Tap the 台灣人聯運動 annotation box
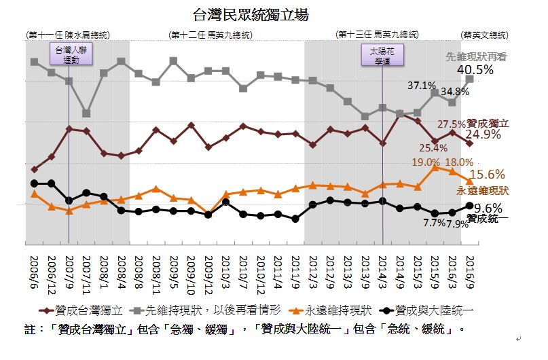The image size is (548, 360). [69, 54]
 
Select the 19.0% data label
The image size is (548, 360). [426, 162]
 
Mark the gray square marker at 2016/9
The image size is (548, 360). [470, 79]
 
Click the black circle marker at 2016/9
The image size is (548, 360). [470, 206]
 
